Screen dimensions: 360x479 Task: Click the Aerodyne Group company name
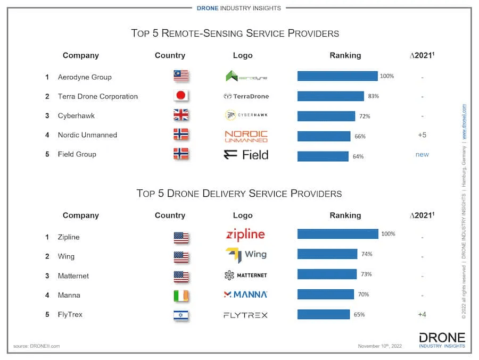85,77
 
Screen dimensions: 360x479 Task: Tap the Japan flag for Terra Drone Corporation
181,96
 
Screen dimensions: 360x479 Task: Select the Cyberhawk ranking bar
326,116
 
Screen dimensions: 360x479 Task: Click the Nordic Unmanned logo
246,136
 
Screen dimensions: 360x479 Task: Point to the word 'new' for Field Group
422,154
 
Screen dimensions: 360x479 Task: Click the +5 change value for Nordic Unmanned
422,135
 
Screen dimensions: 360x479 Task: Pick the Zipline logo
245,235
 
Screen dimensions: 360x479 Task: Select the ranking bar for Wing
327,254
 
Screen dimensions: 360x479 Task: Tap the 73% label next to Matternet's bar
366,274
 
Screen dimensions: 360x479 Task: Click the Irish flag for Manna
181,296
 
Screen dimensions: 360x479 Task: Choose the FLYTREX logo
245,315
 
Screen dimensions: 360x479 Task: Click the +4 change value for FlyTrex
422,314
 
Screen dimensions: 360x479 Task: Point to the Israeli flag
181,315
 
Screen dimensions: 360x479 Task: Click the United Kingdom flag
181,115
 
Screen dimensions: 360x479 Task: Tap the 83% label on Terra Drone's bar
373,96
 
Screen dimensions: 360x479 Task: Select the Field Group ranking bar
323,156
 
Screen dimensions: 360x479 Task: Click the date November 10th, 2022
380,346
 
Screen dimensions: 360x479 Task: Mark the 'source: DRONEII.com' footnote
37,346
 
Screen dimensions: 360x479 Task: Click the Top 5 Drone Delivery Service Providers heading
239,193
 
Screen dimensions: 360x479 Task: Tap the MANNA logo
245,295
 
